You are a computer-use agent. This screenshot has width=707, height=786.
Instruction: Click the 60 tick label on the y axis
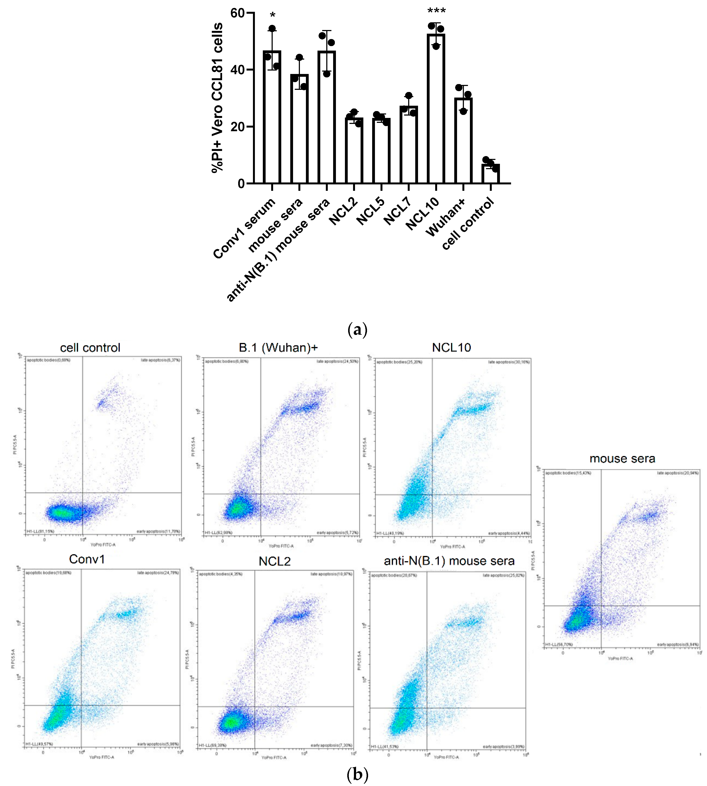(x=237, y=13)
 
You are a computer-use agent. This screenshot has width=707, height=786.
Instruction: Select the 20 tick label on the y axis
(x=237, y=127)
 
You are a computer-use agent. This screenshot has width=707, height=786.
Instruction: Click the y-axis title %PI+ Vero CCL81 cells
(x=218, y=97)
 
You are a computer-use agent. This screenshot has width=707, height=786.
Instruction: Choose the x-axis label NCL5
(x=370, y=212)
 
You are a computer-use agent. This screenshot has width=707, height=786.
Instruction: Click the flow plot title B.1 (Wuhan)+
(x=278, y=348)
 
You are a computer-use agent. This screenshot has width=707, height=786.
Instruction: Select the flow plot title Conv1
(x=87, y=559)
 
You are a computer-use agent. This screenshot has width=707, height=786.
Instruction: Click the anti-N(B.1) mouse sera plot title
(x=449, y=561)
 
